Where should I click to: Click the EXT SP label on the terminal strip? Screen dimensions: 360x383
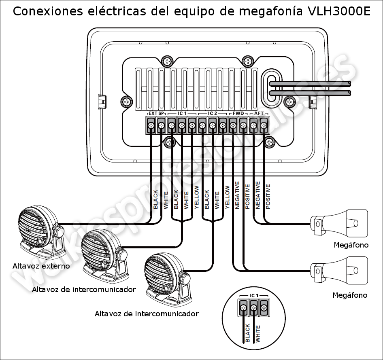tap(156, 113)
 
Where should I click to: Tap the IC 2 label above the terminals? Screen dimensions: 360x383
tap(213, 113)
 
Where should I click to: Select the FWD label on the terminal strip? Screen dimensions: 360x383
tap(238, 113)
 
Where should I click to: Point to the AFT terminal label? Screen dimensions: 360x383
tap(258, 113)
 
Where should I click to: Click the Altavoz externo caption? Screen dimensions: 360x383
tap(41, 266)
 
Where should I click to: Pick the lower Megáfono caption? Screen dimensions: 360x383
tap(350, 295)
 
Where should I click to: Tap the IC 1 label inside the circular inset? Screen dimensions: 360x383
tap(253, 296)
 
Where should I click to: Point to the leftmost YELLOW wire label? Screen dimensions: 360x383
tap(196, 197)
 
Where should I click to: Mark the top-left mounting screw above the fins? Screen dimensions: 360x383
tap(167, 61)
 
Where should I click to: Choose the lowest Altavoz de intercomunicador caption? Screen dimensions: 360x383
tap(147, 314)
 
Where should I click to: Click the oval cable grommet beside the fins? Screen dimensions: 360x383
tap(270, 87)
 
